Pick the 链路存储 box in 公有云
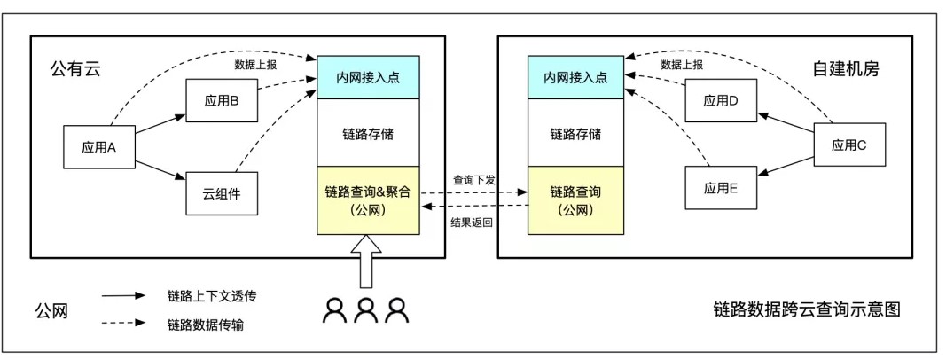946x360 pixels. coord(368,135)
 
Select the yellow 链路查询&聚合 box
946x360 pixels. coord(368,200)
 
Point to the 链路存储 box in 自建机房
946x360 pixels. coord(575,135)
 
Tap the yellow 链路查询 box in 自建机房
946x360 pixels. coord(575,200)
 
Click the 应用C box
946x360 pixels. coord(849,145)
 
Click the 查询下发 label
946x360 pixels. coord(473,180)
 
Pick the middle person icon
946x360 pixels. coord(367,309)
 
